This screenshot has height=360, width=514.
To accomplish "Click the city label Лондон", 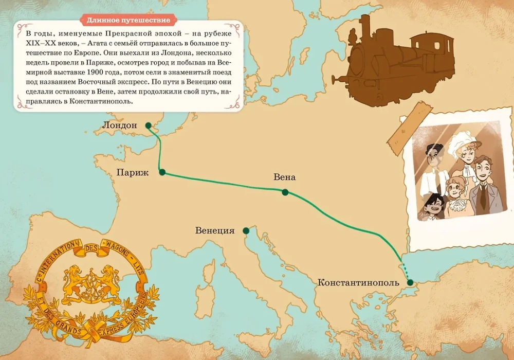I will [120, 125].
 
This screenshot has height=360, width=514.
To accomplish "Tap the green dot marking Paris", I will [162, 172].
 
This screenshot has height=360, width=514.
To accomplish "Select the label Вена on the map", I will [285, 177].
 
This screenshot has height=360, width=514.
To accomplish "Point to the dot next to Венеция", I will [246, 230].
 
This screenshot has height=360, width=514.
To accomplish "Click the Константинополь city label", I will [358, 282].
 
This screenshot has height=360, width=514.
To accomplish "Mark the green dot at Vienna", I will [285, 192].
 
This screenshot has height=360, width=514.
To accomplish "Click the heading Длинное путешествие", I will [128, 21].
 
